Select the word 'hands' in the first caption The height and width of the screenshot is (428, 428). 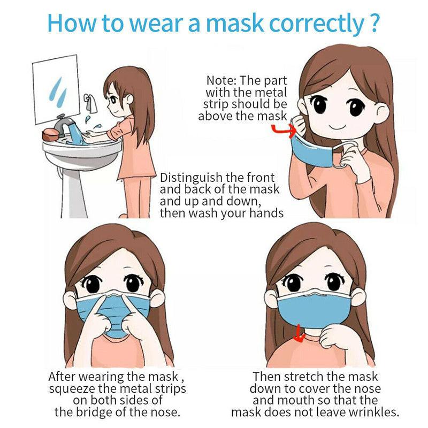(265, 213)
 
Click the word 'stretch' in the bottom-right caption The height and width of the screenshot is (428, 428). (307, 377)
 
